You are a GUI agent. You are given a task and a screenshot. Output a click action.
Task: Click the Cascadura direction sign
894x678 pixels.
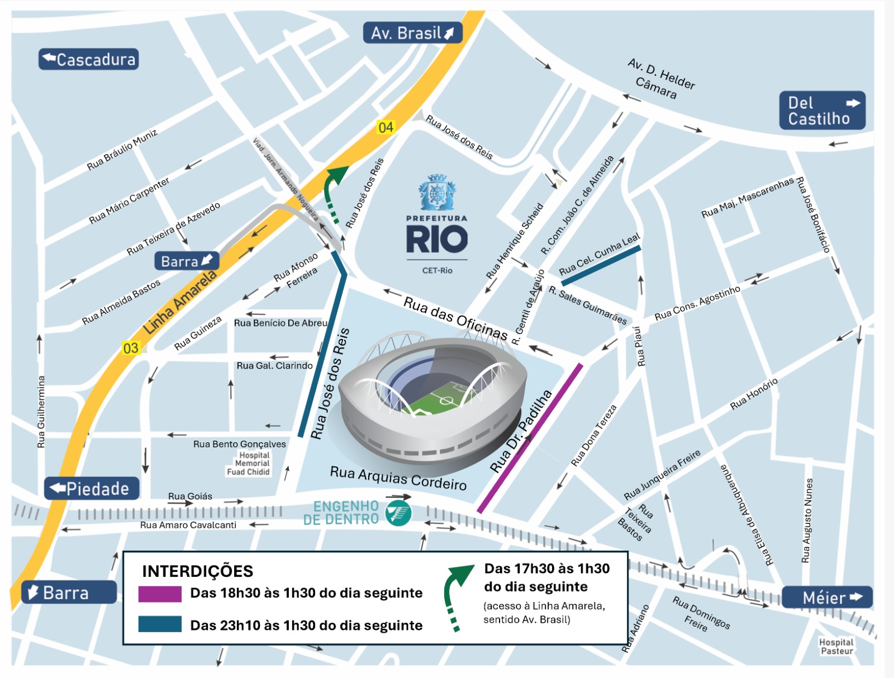coord(88,59)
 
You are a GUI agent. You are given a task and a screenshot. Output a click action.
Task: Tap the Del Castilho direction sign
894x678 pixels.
coord(822,111)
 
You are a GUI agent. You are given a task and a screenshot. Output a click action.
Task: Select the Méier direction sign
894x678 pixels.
coord(826,598)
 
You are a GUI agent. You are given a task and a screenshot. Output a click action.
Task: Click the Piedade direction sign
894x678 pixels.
coord(92,489)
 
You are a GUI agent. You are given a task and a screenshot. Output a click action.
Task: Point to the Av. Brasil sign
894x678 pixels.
coord(412,33)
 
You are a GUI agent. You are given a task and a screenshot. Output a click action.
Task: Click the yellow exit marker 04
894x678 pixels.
coord(386,127)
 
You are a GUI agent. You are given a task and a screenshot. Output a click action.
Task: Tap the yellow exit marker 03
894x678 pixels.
coord(130,348)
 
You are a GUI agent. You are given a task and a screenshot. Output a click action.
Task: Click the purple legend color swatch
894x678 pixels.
coord(160,594)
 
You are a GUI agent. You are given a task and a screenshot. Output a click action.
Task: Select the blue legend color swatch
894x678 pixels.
coord(160,624)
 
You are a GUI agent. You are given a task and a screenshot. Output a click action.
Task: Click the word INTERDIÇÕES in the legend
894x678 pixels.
coord(197,571)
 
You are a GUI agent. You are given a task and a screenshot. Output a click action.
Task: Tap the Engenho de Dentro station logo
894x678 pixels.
coord(399,513)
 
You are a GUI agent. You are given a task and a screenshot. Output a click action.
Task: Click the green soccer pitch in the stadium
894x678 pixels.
coord(441,398)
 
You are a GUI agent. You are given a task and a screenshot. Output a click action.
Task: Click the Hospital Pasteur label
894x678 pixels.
coord(836,647)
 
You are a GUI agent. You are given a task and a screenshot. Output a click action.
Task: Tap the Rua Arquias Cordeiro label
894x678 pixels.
coord(398,478)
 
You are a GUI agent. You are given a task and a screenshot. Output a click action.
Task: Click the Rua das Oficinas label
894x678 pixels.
coord(455,318)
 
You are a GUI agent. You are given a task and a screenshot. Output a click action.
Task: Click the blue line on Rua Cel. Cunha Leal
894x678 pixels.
coord(601,266)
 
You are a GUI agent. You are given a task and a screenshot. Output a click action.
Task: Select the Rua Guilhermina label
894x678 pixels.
coord(41,411)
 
